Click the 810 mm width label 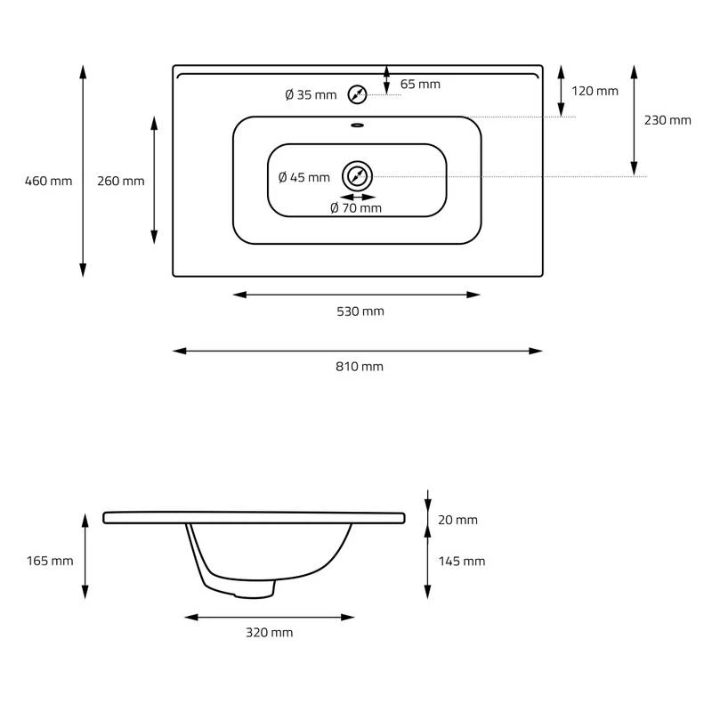click(x=360, y=367)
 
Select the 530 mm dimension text click(x=360, y=311)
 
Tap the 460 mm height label click(x=49, y=182)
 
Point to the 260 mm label click(x=120, y=182)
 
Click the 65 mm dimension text click(x=420, y=85)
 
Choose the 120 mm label click(x=595, y=91)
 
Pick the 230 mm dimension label click(x=667, y=120)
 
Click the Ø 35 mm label click(x=311, y=95)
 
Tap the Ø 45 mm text click(x=303, y=177)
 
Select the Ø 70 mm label click(x=355, y=208)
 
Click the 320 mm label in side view click(x=269, y=633)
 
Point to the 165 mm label click(x=50, y=561)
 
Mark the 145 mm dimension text click(x=462, y=561)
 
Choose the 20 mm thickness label click(x=458, y=520)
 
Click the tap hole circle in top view click(x=358, y=94)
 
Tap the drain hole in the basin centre click(x=358, y=176)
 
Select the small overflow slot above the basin click(x=358, y=125)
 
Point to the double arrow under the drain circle click(x=358, y=197)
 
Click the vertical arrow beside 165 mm click(x=85, y=556)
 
